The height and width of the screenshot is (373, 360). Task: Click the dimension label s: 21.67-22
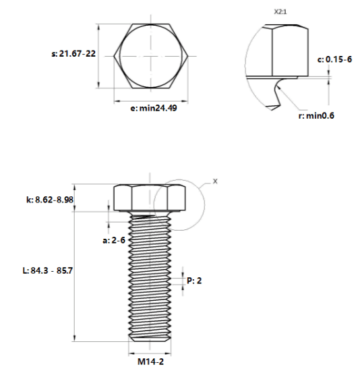pos(73,53)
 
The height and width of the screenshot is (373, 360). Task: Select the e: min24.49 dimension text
pos(154,108)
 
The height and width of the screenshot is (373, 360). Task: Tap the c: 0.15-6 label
pos(334,59)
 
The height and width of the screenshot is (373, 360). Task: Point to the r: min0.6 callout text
pos(316,115)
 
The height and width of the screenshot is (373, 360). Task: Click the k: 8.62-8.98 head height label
pos(50,200)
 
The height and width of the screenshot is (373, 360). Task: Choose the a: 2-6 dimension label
pos(114,240)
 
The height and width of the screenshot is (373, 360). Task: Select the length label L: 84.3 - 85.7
pos(48,270)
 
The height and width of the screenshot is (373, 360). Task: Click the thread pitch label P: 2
pos(194,281)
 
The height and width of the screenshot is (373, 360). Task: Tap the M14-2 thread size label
pos(151,362)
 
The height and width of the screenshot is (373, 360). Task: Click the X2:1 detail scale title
pos(280,12)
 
